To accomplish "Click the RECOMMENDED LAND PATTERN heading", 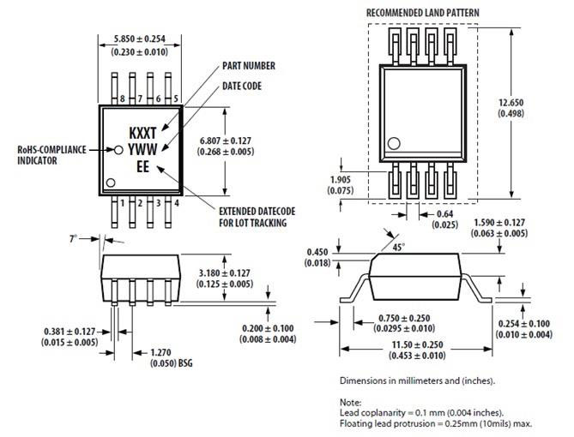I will click(x=422, y=12).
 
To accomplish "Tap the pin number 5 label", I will click(x=175, y=99).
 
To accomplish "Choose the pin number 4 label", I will click(x=175, y=203).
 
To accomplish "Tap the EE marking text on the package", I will click(x=143, y=168).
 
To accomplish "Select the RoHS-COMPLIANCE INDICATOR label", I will click(x=51, y=154).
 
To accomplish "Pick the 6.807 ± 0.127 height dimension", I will click(x=228, y=140).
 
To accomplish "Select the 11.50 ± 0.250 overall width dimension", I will click(x=422, y=344).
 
